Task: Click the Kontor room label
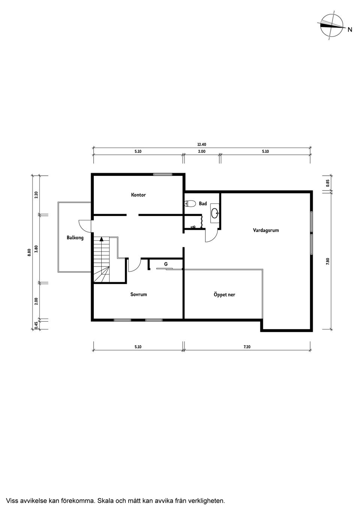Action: (138, 195)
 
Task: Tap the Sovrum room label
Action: (138, 294)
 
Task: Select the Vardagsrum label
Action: (265, 230)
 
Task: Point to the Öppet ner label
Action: (224, 295)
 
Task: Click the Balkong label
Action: (75, 238)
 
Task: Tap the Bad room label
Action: (203, 204)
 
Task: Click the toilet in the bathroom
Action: (190, 204)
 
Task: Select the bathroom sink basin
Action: (215, 213)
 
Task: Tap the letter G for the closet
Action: (166, 264)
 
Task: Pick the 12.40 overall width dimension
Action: (202, 145)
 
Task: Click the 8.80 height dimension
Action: (29, 253)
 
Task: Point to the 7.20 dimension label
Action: (247, 347)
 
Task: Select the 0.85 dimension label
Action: (327, 183)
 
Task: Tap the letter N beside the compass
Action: (350, 30)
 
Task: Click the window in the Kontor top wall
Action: (162, 174)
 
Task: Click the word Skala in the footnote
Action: (105, 501)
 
